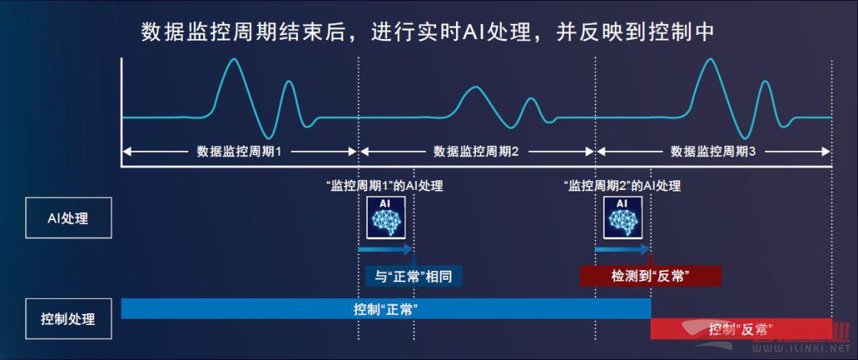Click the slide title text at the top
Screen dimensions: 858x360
(427, 33)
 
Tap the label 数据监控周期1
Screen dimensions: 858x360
(239, 152)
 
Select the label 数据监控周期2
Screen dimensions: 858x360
(476, 152)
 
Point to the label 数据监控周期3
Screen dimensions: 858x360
(713, 152)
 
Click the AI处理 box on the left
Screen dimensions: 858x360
(68, 218)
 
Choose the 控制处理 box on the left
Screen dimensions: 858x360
(68, 319)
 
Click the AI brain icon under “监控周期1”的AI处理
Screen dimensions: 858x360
(386, 218)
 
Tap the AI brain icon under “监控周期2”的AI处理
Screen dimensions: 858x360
(623, 218)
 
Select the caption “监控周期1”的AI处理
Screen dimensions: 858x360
(384, 186)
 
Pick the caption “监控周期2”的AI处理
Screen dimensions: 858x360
(621, 186)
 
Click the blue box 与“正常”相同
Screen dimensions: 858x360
(414, 276)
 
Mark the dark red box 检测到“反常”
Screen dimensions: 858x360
(650, 276)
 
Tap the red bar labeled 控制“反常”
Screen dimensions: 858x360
(741, 329)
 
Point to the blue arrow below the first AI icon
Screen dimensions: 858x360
(385, 250)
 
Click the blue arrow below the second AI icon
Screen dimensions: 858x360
(621, 250)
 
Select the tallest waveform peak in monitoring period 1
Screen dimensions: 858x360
(234, 59)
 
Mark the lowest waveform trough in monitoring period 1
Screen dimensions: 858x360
(267, 137)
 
